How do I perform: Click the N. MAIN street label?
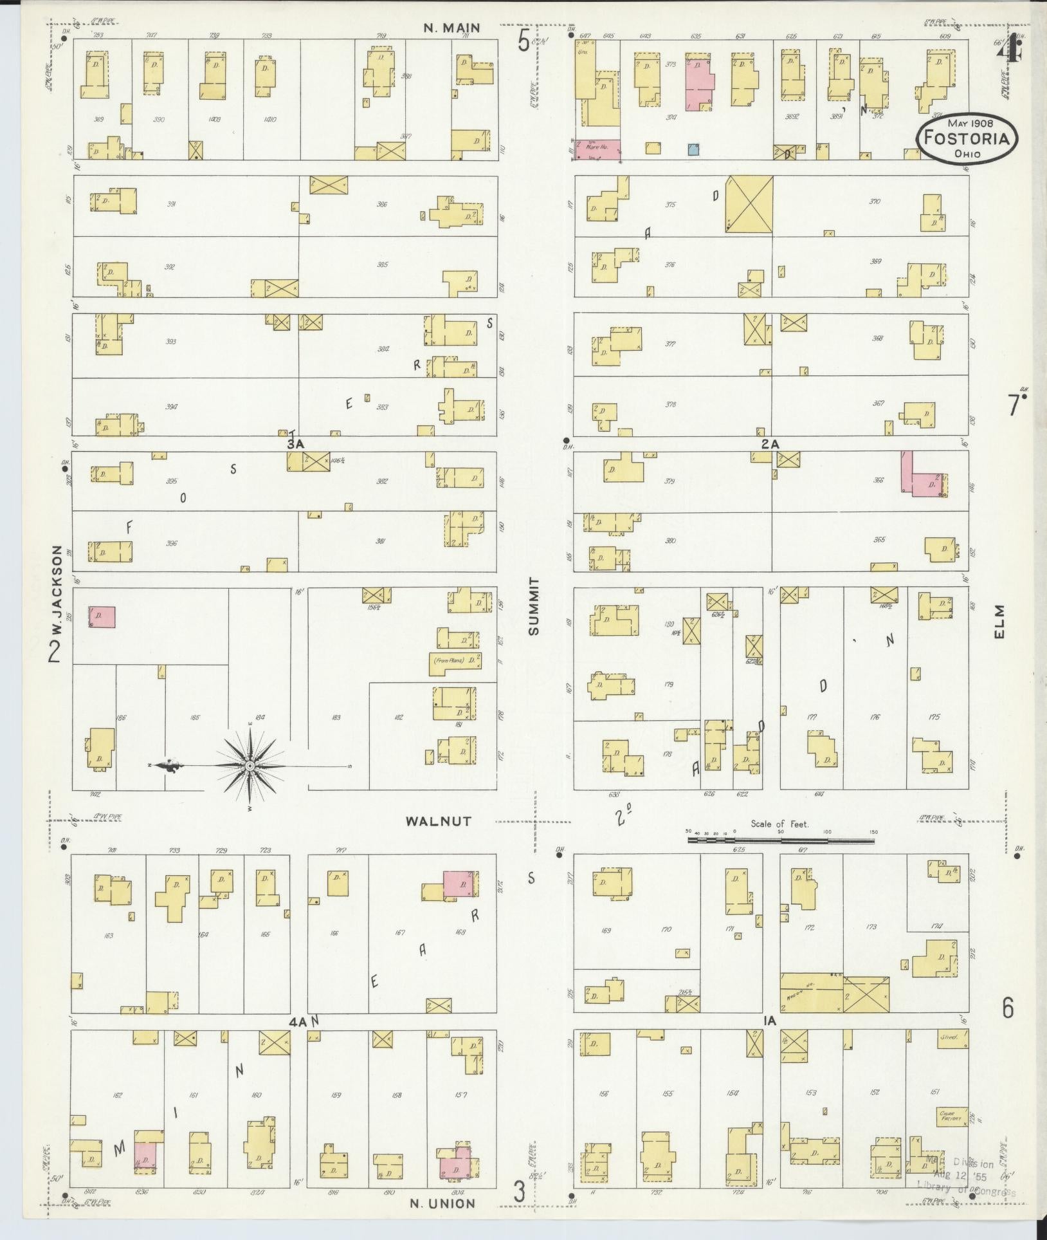pyautogui.click(x=452, y=28)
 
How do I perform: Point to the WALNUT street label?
pyautogui.click(x=439, y=821)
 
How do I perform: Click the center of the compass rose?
pyautogui.click(x=250, y=766)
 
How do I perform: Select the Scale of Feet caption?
pyautogui.click(x=780, y=824)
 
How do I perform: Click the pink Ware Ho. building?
pyautogui.click(x=597, y=150)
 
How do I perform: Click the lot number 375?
pyautogui.click(x=670, y=205)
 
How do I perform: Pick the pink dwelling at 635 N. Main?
pyautogui.click(x=700, y=84)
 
